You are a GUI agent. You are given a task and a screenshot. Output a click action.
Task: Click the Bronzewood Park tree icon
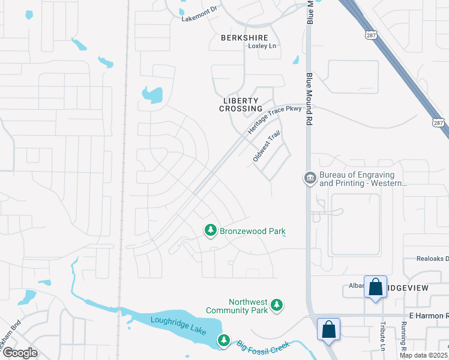click(210, 230)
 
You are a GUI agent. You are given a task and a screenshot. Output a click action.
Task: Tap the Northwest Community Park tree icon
click(277, 305)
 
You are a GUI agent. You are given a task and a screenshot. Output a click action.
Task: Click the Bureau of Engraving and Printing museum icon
click(310, 178)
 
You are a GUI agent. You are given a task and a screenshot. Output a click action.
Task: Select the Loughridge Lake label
click(178, 325)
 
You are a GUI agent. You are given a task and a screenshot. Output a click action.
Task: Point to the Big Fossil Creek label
click(262, 346)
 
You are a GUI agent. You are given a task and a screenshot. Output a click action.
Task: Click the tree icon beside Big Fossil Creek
click(223, 341)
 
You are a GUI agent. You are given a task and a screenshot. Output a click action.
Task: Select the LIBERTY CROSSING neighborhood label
click(238, 104)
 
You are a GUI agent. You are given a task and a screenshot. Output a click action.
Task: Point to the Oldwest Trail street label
click(267, 146)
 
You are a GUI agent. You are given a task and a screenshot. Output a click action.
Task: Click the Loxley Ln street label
click(262, 46)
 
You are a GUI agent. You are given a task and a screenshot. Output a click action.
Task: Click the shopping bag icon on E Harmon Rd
click(328, 329)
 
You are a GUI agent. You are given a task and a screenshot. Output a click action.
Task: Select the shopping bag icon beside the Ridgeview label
click(375, 287)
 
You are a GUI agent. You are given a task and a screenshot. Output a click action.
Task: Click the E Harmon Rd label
click(429, 316)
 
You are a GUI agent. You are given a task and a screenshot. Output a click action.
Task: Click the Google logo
click(19, 352)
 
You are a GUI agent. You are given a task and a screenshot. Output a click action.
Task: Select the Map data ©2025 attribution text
click(423, 355)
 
